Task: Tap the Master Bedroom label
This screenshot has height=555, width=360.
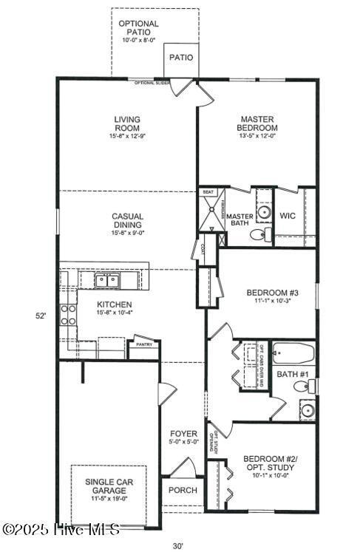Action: pos(257,123)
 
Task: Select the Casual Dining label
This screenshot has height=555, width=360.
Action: pos(127,221)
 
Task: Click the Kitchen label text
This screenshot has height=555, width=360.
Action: pos(115,304)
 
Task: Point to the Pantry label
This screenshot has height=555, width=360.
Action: pos(143,344)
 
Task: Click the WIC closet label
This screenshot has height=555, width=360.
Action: pos(288,215)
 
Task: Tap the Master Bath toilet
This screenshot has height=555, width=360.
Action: pos(257,235)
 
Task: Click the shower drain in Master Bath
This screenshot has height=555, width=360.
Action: pos(214,208)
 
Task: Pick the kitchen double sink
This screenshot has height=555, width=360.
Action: pos(108,280)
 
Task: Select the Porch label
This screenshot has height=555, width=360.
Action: pos(182,490)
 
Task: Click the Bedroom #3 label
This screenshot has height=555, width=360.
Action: pos(269,296)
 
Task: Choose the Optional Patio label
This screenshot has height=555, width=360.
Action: pos(139,28)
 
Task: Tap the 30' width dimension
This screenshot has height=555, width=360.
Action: pos(178,546)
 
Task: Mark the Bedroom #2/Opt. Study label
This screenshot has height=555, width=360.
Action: pos(269,467)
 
